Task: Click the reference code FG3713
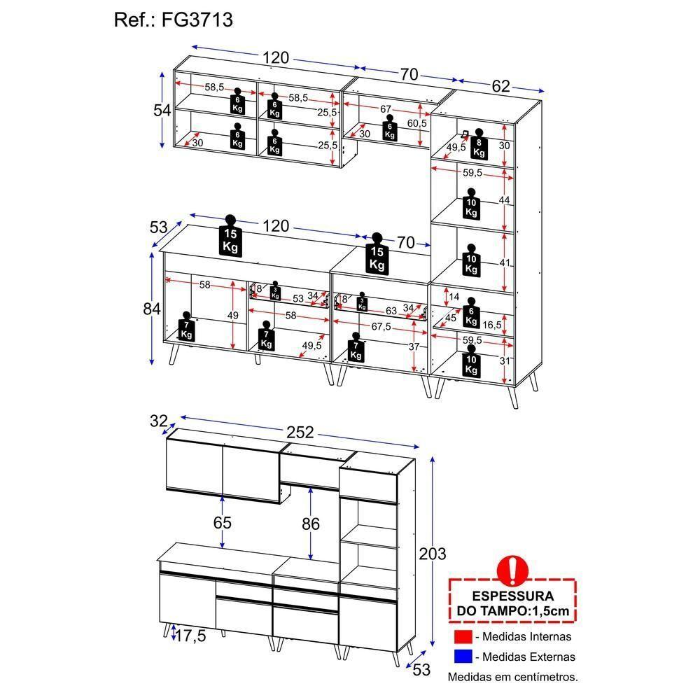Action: point(198,20)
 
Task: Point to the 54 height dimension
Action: point(162,110)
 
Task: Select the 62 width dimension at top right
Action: point(500,86)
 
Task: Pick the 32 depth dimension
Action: point(159,421)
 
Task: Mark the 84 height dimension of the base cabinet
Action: point(152,308)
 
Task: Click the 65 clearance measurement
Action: point(223,523)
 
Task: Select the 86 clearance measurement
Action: point(310,523)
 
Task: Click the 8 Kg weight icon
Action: point(479,142)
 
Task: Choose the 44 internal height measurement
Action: point(503,199)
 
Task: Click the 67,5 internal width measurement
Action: point(381,326)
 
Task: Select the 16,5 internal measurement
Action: point(492,324)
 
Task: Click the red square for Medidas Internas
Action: point(463,637)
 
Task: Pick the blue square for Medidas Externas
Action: point(463,657)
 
